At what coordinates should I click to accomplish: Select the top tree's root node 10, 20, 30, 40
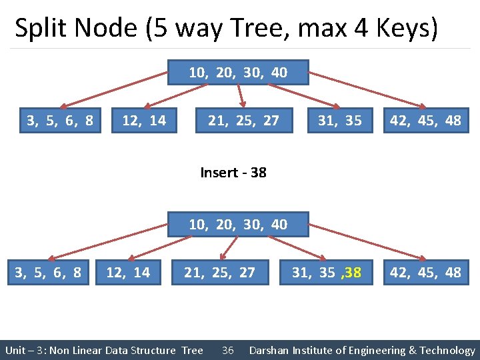pos(238,73)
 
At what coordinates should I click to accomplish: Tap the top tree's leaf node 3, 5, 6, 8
pos(60,120)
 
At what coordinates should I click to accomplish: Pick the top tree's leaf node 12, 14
pos(144,120)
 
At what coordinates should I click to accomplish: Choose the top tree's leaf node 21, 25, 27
pos(243,120)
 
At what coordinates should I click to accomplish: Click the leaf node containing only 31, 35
pos(339,120)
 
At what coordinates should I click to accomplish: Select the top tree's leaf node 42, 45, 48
pos(426,120)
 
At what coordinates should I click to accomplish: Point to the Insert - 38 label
pos(233,173)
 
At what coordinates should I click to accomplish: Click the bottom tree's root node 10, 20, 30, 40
pos(238,224)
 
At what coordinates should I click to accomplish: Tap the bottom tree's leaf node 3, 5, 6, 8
pos(48,272)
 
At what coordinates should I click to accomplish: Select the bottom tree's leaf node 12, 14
pos(128,272)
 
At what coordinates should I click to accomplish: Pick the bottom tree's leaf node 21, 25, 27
pos(220,272)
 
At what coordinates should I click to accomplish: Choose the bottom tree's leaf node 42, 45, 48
pos(426,272)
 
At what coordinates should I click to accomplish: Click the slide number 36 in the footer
pos(227,351)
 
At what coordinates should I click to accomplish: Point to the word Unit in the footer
pos(15,351)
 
